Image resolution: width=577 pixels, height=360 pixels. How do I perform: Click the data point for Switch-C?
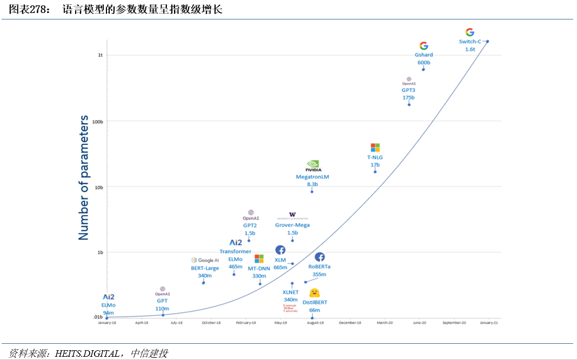tap(487, 42)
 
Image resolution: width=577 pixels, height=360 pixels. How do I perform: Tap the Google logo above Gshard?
tap(424, 46)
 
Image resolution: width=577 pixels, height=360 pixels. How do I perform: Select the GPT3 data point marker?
tap(409, 104)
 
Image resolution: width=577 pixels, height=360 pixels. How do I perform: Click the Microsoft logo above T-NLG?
tap(375, 148)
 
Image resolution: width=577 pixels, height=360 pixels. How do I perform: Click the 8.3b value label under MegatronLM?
tap(312, 184)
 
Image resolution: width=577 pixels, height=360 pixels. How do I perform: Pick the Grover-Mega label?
tap(292, 225)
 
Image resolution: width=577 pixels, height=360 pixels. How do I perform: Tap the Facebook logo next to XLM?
tap(280, 250)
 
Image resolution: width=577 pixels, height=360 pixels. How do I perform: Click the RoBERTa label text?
tap(319, 266)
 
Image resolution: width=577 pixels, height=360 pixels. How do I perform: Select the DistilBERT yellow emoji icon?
tap(314, 293)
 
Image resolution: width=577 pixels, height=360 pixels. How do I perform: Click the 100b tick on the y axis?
tap(98, 122)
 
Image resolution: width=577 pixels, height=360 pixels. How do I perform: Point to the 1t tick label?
tap(100, 55)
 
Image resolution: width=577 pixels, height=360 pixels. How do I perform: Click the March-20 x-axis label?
tap(385, 323)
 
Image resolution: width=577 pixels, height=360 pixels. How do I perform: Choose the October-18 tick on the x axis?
tap(211, 323)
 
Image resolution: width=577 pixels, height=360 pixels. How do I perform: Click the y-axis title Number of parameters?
tap(84, 177)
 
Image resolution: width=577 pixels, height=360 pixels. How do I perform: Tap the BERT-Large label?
tap(205, 268)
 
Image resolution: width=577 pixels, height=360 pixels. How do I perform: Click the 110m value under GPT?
tap(162, 309)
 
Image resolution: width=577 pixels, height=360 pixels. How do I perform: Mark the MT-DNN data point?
tap(260, 284)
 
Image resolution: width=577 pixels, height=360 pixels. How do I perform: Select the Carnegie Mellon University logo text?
tap(290, 309)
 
